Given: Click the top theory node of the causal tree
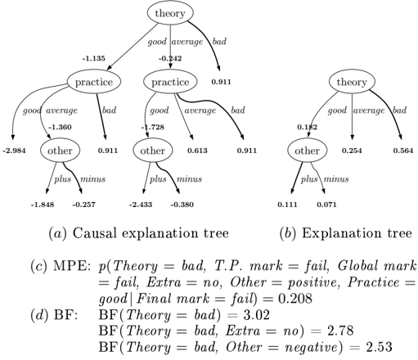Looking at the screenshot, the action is (x=170, y=13).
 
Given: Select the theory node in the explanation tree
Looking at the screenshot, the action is (x=352, y=82).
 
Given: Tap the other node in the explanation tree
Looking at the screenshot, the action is (x=308, y=151).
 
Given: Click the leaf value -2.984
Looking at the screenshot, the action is (x=15, y=151).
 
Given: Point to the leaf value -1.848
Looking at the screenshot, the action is (x=43, y=205).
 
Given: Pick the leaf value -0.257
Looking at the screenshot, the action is (x=84, y=205).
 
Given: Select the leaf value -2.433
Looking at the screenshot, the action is (x=141, y=205).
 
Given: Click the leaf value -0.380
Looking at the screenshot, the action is (x=182, y=205).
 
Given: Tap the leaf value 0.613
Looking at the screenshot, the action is (x=197, y=151).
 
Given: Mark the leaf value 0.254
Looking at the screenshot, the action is (x=352, y=151).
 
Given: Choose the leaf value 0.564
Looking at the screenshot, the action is (x=403, y=151).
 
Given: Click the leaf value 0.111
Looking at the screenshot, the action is (x=288, y=205).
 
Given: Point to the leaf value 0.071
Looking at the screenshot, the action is (x=326, y=205).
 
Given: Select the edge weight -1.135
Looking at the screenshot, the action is (x=94, y=58).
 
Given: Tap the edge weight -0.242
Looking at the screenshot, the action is (x=170, y=58).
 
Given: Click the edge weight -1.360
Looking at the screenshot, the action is (x=60, y=127).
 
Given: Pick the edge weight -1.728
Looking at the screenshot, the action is (x=153, y=127).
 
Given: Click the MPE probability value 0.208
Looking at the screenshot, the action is (x=295, y=299).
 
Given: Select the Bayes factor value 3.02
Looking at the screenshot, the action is (x=256, y=315).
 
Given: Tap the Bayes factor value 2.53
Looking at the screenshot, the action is (x=379, y=347).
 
